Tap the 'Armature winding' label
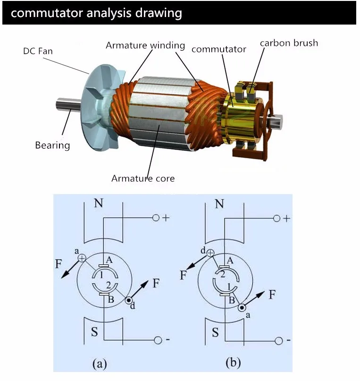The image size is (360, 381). pyautogui.click(x=145, y=45)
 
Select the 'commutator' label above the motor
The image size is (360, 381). pyautogui.click(x=219, y=49)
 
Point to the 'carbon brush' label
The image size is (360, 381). pyautogui.click(x=289, y=43)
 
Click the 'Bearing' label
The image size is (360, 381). pyautogui.click(x=52, y=145)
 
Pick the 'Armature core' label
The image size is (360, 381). pyautogui.click(x=143, y=178)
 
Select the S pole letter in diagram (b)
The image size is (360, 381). pyautogui.click(x=215, y=332)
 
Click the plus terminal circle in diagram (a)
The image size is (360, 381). pyautogui.click(x=156, y=218)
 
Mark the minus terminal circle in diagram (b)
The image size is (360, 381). pyautogui.click(x=278, y=340)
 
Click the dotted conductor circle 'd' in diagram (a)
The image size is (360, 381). pyautogui.click(x=129, y=299)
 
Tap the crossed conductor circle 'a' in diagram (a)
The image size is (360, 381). pyautogui.click(x=82, y=258)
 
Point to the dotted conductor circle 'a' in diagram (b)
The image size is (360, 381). pyautogui.click(x=242, y=307)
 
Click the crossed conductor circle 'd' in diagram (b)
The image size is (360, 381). pyautogui.click(x=210, y=254)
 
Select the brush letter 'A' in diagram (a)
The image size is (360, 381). pyautogui.click(x=109, y=260)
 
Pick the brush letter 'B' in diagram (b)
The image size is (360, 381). pyautogui.click(x=232, y=299)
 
